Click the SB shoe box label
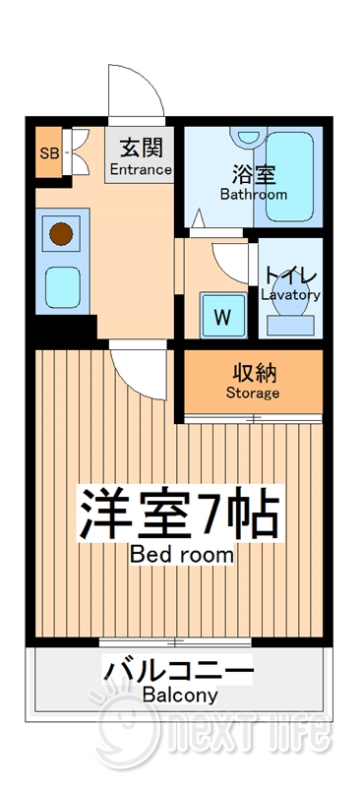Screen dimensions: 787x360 point(47,152)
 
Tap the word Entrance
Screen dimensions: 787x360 point(141,170)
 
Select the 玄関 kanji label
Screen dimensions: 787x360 point(141,150)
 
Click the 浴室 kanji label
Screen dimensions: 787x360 point(253,175)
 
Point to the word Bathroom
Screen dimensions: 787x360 point(253,195)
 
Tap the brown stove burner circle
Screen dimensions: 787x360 point(62,234)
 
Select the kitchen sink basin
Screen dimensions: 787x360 point(62,287)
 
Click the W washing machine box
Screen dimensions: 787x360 point(223,317)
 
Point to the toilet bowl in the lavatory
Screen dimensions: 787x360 point(290,317)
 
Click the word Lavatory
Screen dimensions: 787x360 point(290,294)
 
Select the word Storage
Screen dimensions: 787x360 point(253,393)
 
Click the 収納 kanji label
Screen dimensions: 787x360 point(253,373)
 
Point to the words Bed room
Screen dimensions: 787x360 point(182,554)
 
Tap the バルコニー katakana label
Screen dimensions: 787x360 point(179,674)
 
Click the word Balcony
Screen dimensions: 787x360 point(179,696)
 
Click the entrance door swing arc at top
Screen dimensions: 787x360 point(136,93)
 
